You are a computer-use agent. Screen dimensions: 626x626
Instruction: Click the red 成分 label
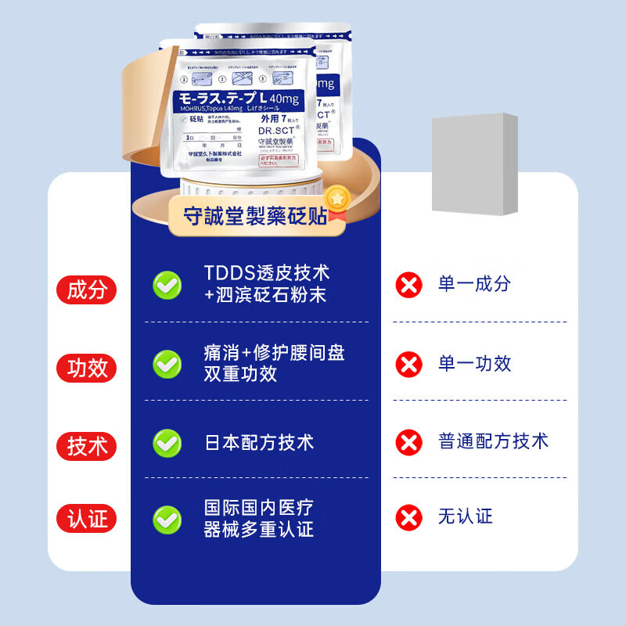[x=86, y=290]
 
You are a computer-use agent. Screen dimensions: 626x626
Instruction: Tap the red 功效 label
[x=86, y=367]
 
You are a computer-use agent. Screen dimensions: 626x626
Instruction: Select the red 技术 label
[x=86, y=446]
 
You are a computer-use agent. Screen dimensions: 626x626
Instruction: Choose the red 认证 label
[x=86, y=519]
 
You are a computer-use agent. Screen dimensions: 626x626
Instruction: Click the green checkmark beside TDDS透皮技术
[x=167, y=285]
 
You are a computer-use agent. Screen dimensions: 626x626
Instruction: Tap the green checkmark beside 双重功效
[x=167, y=363]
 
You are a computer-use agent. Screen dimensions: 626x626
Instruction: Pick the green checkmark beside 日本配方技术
[x=167, y=443]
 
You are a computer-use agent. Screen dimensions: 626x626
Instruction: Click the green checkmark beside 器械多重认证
[x=167, y=519]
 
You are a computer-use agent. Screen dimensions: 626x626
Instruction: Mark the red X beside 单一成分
[x=408, y=285]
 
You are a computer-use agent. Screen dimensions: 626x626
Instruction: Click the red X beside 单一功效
[x=408, y=363]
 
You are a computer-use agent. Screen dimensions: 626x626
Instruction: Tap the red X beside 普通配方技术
[x=408, y=442]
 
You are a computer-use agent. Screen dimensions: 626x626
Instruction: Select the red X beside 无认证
[x=408, y=517]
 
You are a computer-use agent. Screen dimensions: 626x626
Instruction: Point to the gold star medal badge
[x=336, y=199]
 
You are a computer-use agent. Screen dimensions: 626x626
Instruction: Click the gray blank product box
[x=475, y=164]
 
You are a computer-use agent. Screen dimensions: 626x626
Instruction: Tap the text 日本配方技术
[x=258, y=442]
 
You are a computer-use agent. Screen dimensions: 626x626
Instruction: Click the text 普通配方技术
[x=493, y=441]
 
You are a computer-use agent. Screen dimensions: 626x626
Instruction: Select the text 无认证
[x=465, y=516]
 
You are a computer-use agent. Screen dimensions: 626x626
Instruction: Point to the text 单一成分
[x=474, y=284]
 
